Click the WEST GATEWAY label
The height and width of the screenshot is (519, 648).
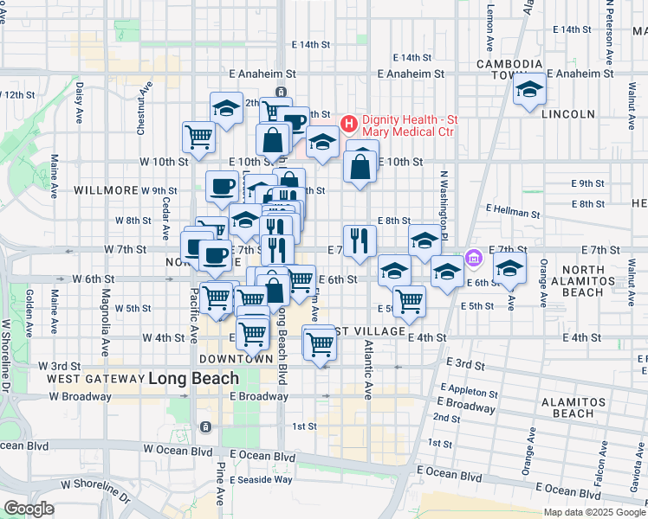tap(94, 379)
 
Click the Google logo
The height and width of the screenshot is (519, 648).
tap(29, 508)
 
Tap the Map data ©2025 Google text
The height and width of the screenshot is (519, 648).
tap(594, 512)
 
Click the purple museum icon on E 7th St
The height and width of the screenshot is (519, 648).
tap(473, 258)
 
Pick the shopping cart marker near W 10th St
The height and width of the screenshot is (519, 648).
tap(199, 137)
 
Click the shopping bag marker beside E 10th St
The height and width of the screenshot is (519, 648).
tap(360, 164)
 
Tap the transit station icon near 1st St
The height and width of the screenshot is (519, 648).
tap(206, 427)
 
